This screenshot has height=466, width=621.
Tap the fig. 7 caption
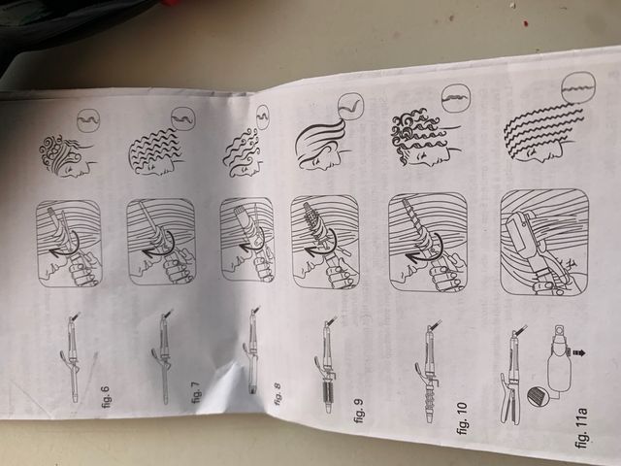197,391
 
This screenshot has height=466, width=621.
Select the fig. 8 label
278,394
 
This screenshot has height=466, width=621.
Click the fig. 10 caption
462,418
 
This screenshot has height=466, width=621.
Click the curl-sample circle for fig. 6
88,119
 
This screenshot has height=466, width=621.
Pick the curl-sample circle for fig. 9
350,106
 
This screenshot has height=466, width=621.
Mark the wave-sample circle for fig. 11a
578,89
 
